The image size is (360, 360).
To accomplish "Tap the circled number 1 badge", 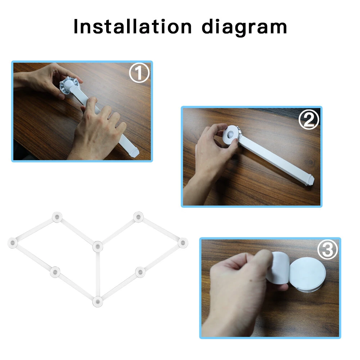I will pyautogui.click(x=139, y=73).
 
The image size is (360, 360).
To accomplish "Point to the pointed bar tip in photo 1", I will pyautogui.click(x=134, y=153).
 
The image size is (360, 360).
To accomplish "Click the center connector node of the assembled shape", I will pyautogui.click(x=98, y=247).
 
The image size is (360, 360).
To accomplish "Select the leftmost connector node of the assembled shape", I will pyautogui.click(x=13, y=243).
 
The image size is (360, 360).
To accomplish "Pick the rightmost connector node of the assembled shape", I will pyautogui.click(x=182, y=243).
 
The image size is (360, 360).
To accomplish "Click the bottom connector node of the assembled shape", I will pyautogui.click(x=97, y=301).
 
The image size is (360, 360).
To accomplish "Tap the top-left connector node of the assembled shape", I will pyautogui.click(x=57, y=217).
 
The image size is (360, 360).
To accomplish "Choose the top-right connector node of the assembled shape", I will pyautogui.click(x=139, y=217).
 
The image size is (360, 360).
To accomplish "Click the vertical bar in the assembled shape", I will pyautogui.click(x=98, y=274).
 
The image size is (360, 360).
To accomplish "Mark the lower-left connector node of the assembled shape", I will pyautogui.click(x=55, y=272).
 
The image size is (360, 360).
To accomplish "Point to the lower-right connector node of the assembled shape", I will pyautogui.click(x=140, y=272).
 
